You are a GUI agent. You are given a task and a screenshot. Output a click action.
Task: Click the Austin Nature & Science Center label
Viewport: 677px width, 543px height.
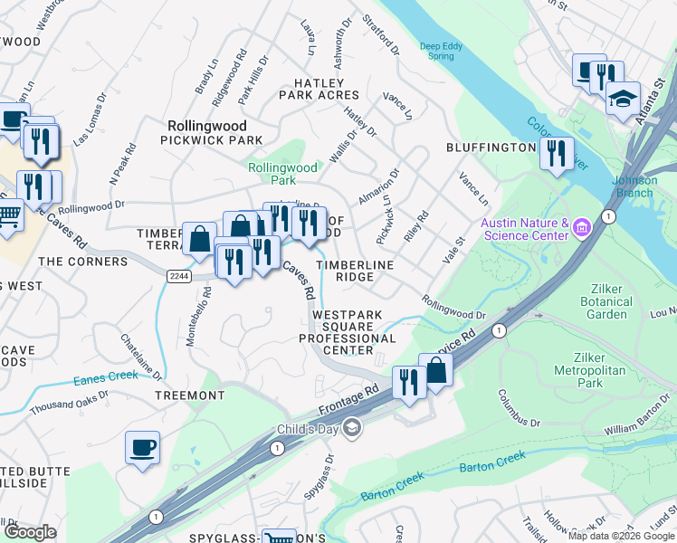coord(524,230)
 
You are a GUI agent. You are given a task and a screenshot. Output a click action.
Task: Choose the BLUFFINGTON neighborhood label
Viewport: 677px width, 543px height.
coord(491,147)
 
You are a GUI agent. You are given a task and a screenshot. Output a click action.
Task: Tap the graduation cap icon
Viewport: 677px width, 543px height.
coord(623,97)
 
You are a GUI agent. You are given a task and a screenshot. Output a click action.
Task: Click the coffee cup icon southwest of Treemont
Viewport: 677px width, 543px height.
coord(143,446)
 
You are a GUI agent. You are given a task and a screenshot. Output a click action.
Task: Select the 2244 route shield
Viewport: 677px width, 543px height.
coord(179,275)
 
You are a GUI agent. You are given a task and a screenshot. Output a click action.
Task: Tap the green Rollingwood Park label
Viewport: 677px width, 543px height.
coord(283,174)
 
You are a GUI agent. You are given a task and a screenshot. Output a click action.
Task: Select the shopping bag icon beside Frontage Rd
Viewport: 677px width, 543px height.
coord(435,369)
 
